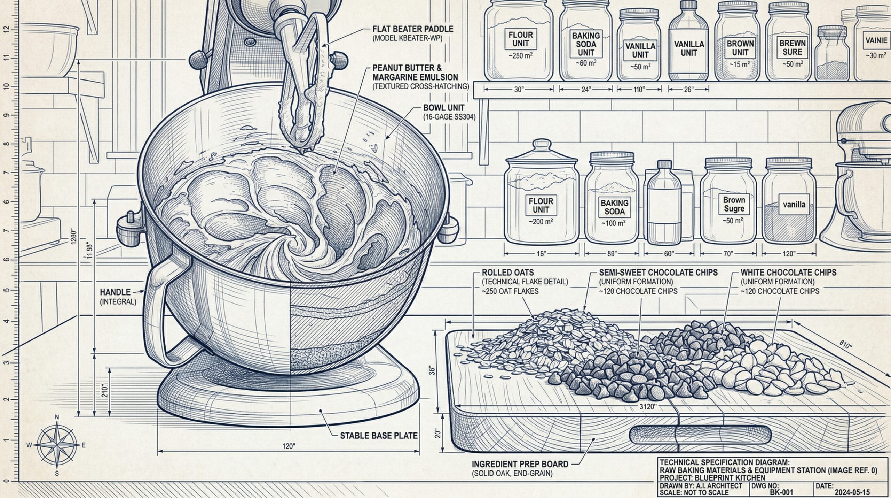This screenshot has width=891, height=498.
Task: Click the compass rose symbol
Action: pos(57,445)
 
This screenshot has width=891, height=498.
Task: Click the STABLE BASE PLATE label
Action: pos(379,435)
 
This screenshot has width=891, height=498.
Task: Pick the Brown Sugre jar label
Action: pos(734,204)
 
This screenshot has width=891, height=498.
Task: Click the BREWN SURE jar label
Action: pos(793,48)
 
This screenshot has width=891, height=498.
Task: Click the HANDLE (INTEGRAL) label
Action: pos(118,297)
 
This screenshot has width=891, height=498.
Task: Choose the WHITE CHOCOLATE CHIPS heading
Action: pos(788,273)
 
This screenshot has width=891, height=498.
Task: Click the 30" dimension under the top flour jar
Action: pos(519,90)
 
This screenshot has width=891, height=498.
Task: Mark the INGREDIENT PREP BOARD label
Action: pos(520,464)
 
